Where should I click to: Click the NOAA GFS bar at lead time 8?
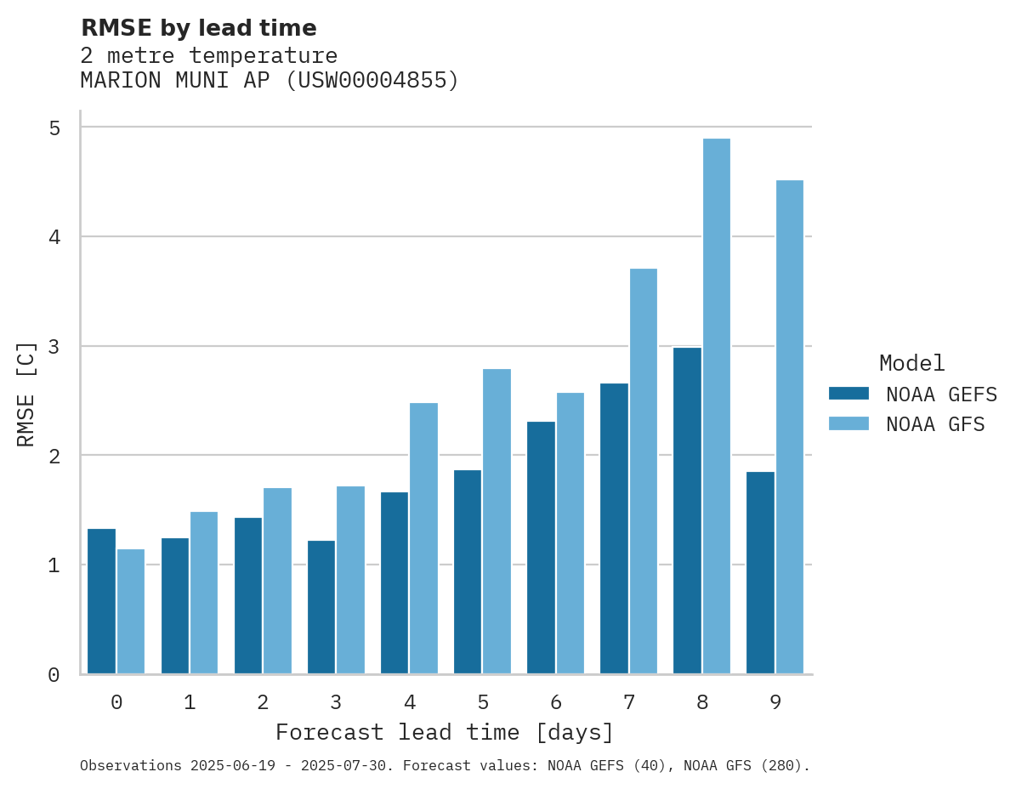point(716,406)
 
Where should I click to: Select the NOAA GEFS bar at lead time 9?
point(760,572)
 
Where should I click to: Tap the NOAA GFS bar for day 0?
point(131,611)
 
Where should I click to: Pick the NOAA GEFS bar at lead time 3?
point(321,607)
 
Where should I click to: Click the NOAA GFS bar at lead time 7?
point(643,471)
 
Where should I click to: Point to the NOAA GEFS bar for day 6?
point(541,548)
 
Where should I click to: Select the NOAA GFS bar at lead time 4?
point(423,538)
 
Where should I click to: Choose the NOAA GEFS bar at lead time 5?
point(468,571)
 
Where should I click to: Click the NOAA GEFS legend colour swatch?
point(849,394)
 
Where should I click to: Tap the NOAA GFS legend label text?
point(935,424)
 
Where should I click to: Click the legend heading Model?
point(911,363)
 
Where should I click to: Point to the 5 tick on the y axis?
point(54,128)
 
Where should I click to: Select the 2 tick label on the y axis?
point(54,456)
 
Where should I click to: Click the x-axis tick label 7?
point(628,702)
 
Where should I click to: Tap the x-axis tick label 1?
point(190,702)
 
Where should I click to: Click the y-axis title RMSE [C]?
point(26,394)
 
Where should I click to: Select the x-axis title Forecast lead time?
point(444,732)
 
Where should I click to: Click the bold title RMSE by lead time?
point(198,28)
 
